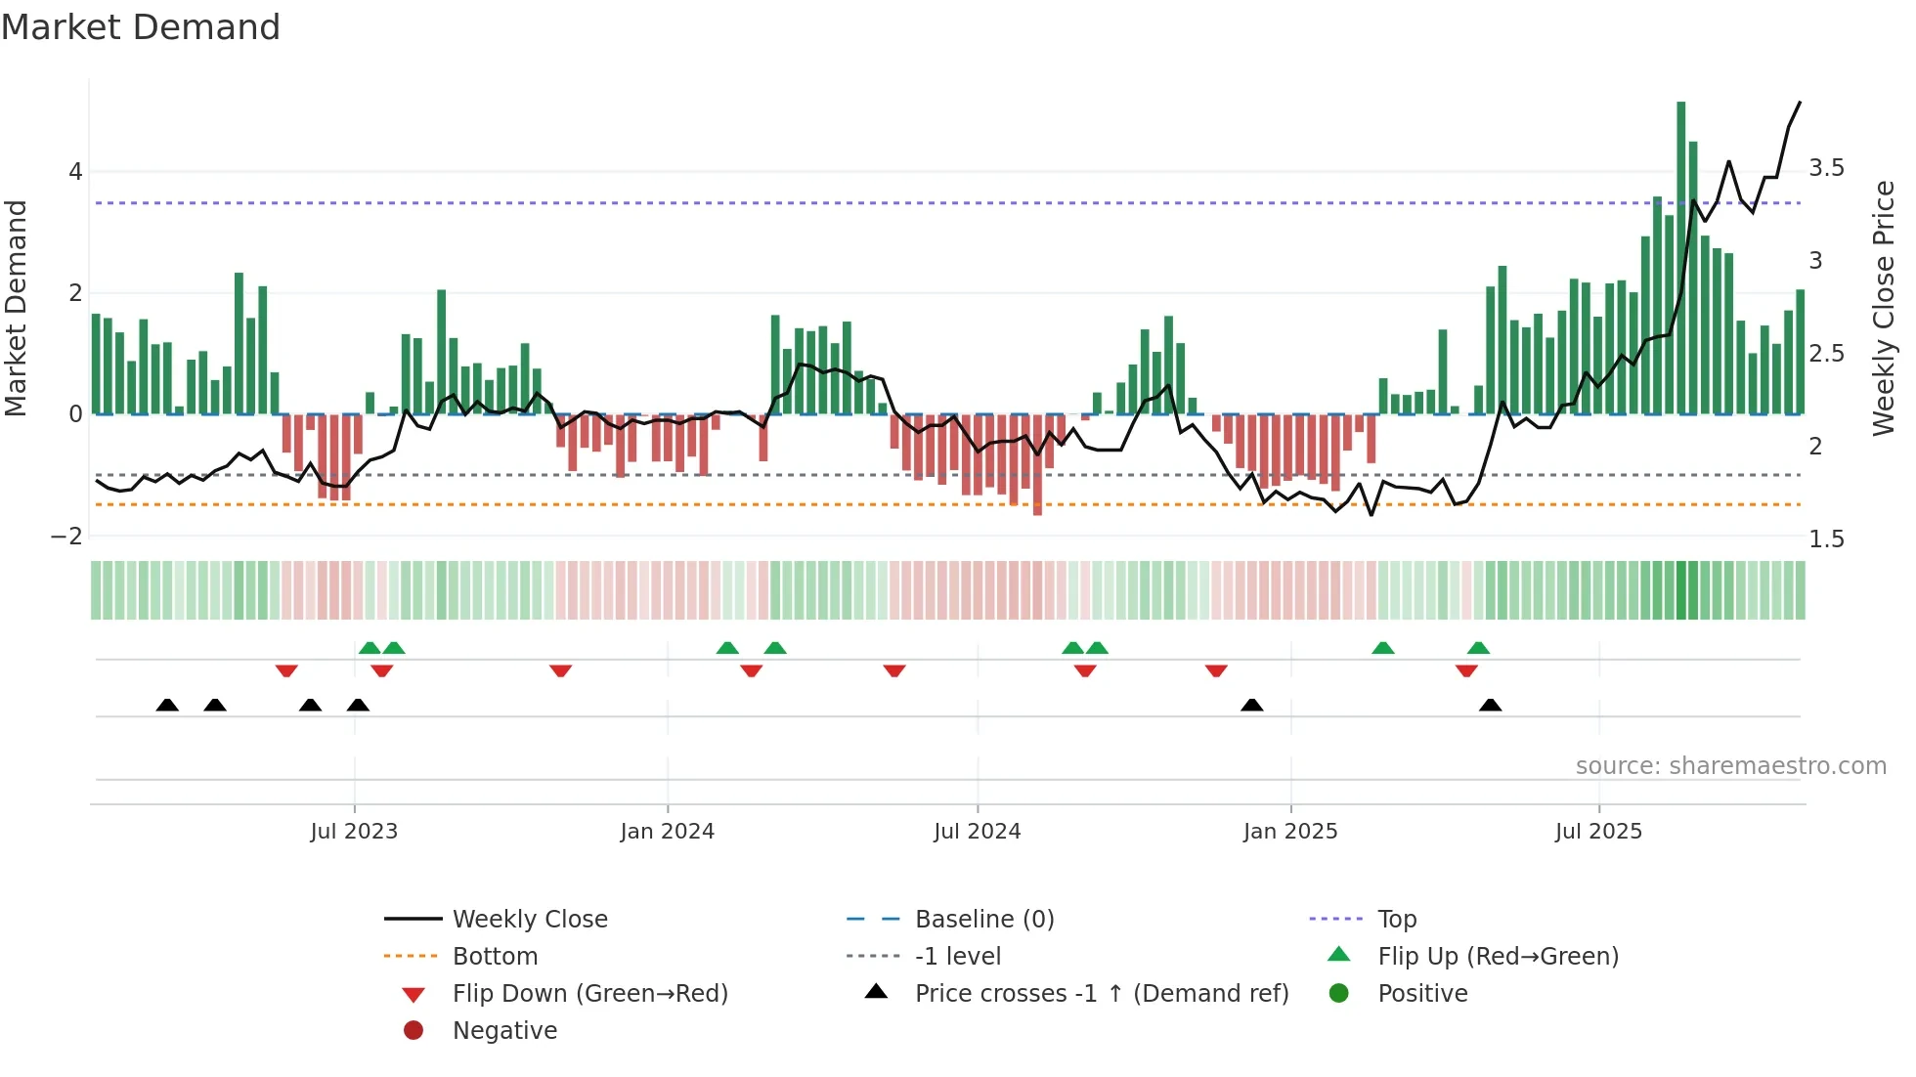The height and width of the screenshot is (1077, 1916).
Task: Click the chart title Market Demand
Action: click(x=141, y=27)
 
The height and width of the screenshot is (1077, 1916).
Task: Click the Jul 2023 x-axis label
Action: click(x=354, y=832)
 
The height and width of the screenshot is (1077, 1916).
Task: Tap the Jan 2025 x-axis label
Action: click(x=1289, y=832)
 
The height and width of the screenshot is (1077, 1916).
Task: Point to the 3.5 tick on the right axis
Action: click(x=1825, y=168)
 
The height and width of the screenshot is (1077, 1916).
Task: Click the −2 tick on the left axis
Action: click(x=66, y=537)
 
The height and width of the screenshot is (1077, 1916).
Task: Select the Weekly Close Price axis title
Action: click(x=1884, y=308)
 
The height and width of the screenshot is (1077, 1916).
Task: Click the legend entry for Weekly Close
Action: click(x=529, y=920)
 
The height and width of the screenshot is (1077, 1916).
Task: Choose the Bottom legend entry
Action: click(x=495, y=957)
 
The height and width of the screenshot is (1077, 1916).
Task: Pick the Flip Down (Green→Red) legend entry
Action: click(x=589, y=994)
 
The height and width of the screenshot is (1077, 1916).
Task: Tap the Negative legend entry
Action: click(x=504, y=1031)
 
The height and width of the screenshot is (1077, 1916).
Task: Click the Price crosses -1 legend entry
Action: click(x=1101, y=994)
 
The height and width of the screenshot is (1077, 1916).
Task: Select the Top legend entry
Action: click(x=1396, y=920)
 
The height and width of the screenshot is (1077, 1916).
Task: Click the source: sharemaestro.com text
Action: click(x=1730, y=766)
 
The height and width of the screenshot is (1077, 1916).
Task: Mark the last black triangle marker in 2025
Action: click(x=1490, y=706)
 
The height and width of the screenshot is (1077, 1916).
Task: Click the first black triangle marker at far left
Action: click(x=167, y=706)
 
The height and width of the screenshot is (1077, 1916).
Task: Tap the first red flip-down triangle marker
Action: click(x=286, y=670)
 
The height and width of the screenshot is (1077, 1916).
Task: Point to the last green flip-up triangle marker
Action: click(x=1478, y=648)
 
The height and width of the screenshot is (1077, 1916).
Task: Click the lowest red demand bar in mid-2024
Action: click(x=1037, y=464)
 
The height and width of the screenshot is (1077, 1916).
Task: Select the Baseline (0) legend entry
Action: click(x=983, y=920)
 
